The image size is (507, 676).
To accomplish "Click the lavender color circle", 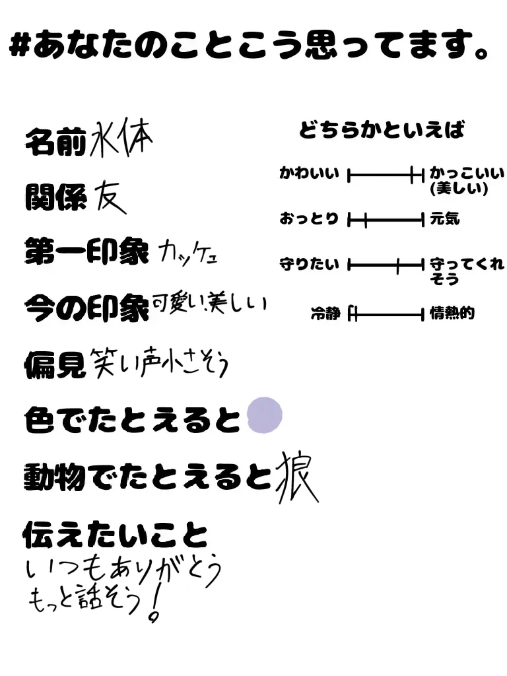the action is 264,416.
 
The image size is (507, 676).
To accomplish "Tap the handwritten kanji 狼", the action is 296,476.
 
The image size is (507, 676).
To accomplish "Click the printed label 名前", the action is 55,142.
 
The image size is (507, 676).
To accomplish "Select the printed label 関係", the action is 55,196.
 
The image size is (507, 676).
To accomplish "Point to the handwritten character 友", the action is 109,196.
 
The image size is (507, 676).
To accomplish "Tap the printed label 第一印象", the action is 86,252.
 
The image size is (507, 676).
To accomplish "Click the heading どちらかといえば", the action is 382,130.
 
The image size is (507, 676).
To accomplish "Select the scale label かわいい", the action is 309,174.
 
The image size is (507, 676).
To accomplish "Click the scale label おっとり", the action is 308,219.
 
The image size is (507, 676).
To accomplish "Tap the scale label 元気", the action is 444,219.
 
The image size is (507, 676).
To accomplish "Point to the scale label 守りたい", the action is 309,265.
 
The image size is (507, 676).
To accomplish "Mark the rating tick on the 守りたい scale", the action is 398,266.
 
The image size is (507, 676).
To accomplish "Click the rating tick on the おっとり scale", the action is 364,220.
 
